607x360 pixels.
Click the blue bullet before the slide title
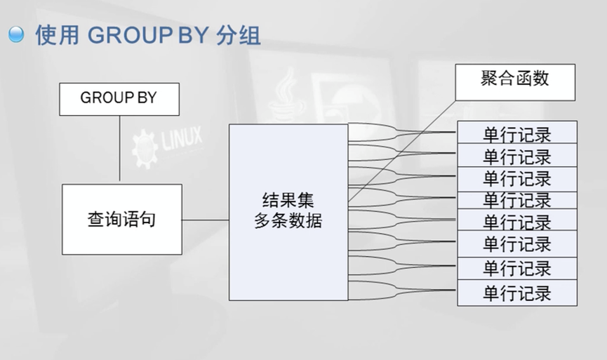pos(15,34)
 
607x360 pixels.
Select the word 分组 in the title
pos(239,34)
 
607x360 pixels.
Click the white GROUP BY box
pos(119,99)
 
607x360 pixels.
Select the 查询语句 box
pos(121,219)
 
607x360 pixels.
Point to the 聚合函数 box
pos(515,81)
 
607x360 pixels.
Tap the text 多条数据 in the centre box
pos(288,220)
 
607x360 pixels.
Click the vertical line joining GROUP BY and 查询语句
pos(119,149)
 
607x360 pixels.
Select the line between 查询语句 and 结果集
pos(206,220)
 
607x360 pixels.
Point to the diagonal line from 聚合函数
pos(400,151)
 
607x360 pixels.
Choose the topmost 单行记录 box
pos(516,133)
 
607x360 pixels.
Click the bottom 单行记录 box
pos(516,293)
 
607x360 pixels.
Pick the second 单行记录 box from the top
pos(516,155)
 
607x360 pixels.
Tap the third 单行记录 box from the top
pos(516,178)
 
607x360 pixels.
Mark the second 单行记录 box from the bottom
pos(516,268)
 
